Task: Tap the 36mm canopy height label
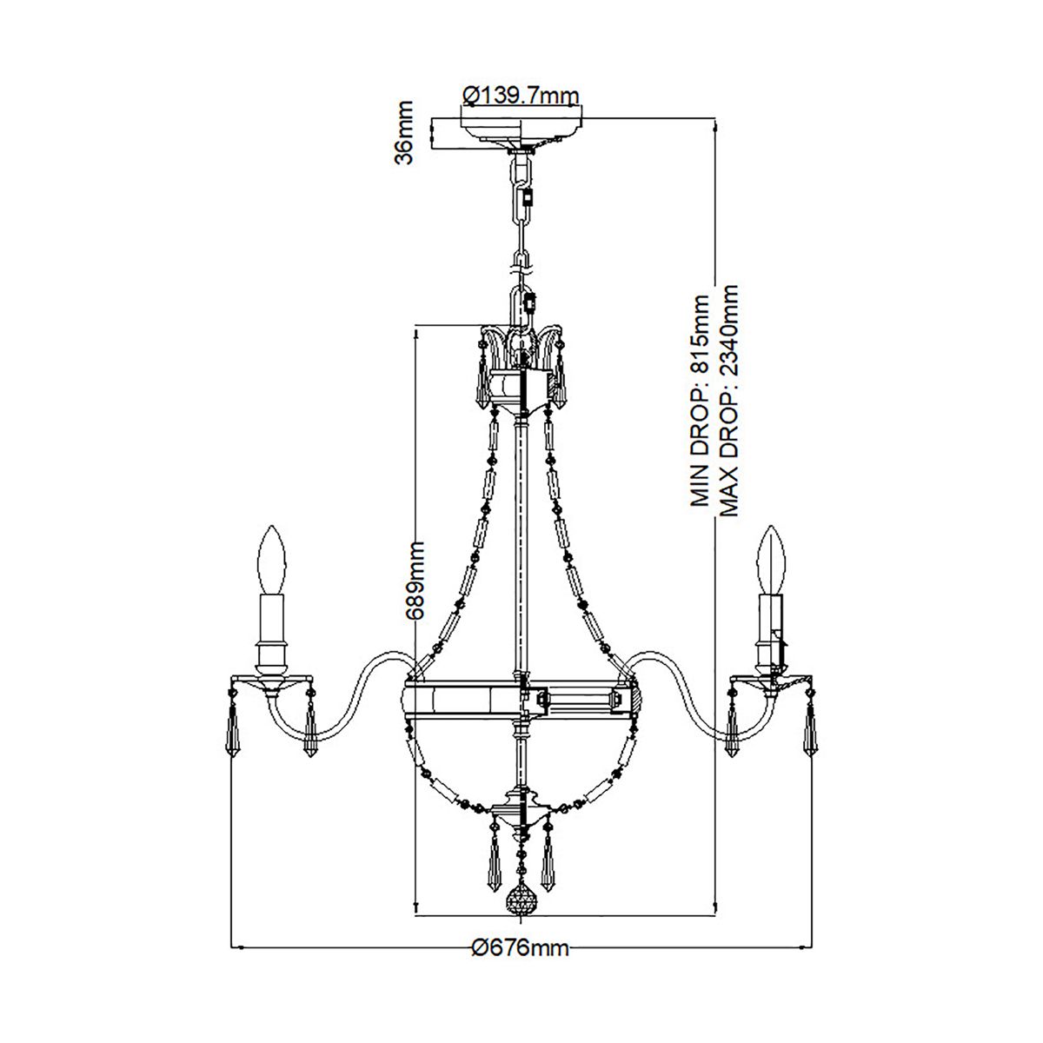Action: pos(405,131)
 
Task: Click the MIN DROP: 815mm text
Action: pos(700,400)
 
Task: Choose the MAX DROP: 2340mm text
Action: pos(729,400)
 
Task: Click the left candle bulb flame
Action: pos(273,556)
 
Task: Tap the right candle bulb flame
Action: pos(770,556)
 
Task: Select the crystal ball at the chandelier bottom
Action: pos(521,899)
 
